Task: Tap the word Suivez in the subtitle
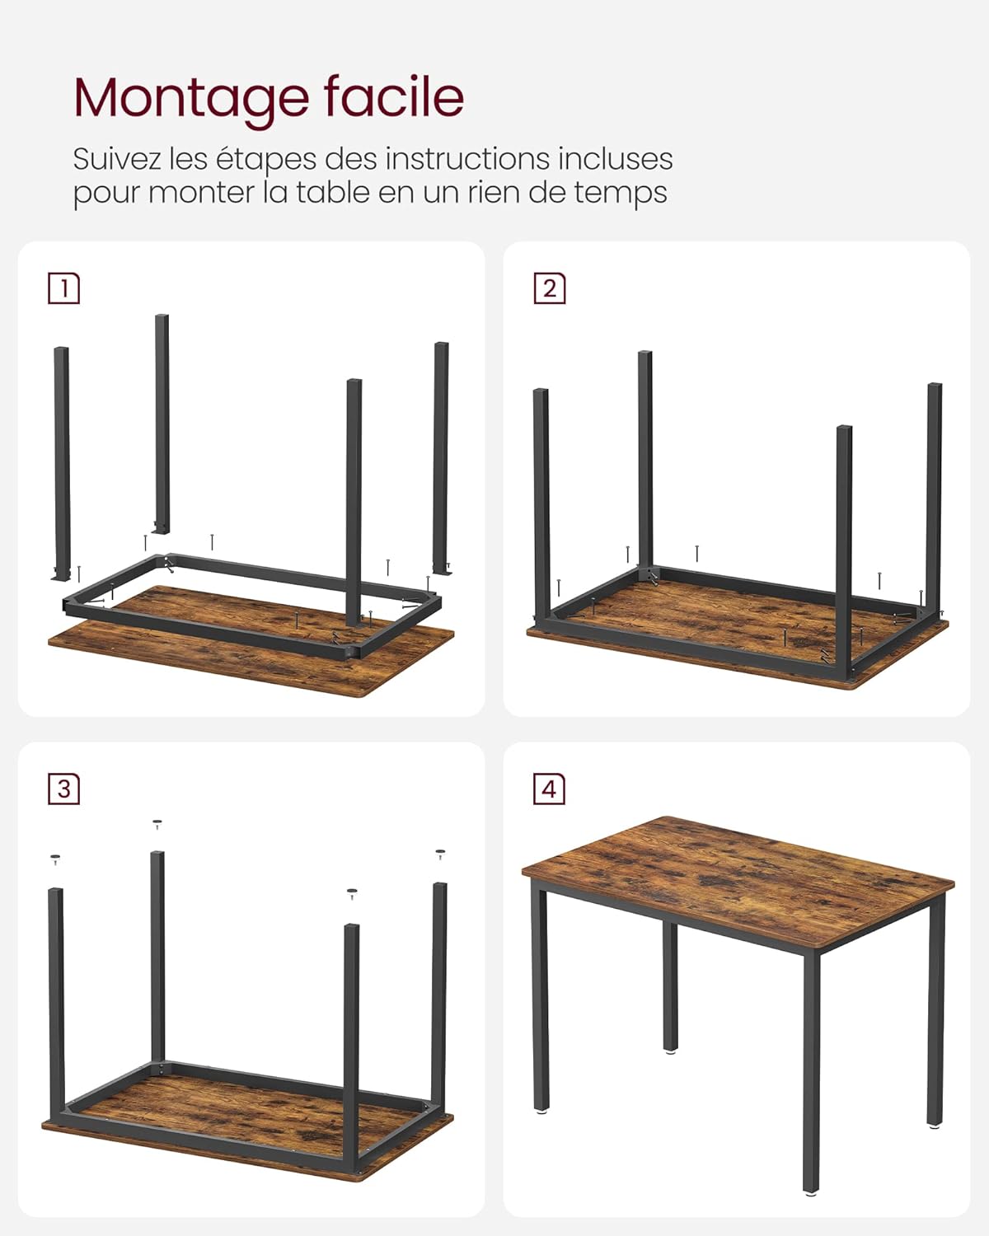tap(116, 158)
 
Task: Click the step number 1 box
tap(64, 288)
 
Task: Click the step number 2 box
tap(550, 288)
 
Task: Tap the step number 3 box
tap(64, 789)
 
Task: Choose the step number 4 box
tap(550, 789)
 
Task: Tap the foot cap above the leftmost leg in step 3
tap(55, 859)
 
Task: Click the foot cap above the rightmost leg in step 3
tap(440, 853)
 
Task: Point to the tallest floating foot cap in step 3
tap(157, 822)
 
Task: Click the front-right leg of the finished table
tap(812, 1071)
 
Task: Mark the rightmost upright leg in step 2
tap(934, 494)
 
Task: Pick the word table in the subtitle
tap(333, 193)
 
